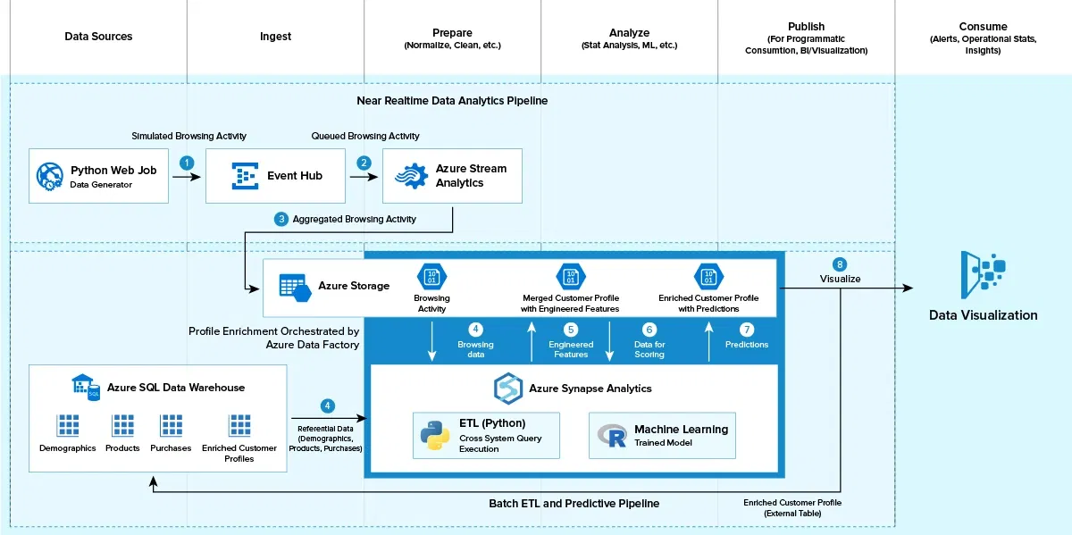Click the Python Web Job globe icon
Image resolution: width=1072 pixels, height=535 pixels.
50,176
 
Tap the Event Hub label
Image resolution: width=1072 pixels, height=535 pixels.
294,176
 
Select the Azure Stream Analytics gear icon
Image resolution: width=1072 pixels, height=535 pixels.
411,176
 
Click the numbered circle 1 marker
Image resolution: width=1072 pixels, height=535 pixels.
187,163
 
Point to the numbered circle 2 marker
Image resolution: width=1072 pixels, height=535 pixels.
364,163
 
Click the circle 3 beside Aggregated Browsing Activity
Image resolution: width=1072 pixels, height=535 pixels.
281,219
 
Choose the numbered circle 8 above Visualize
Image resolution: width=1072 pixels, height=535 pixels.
839,264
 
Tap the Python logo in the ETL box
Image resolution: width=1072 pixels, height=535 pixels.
435,435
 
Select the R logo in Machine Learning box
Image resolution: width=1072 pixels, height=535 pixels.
613,435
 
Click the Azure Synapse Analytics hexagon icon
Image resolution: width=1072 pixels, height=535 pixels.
508,389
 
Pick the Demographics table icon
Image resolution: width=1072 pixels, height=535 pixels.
68,425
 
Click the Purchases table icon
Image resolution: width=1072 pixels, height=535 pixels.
171,425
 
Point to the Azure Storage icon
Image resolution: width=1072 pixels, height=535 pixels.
294,286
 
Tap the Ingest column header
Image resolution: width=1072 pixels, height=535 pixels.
275,37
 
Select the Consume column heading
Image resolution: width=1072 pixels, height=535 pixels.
983,27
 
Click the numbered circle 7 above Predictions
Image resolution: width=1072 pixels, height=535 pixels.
747,330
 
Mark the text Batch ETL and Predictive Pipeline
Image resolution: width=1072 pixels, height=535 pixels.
574,504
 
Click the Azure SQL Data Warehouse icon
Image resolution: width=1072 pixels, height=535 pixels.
86,387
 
